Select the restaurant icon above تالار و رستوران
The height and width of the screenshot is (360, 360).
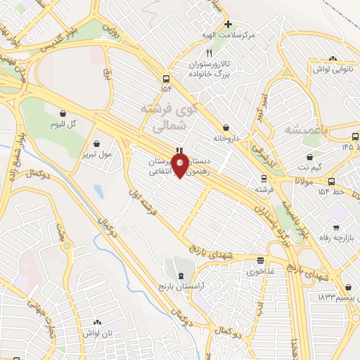[x=208, y=53]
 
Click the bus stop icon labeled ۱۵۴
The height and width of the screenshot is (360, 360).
[x=166, y=78]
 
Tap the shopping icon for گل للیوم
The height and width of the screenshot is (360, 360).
[x=63, y=112]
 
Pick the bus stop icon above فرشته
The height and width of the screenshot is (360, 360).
[x=263, y=179]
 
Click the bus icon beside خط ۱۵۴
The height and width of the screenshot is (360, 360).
[x=330, y=182]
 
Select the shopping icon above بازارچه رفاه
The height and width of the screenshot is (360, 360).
[x=337, y=227]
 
